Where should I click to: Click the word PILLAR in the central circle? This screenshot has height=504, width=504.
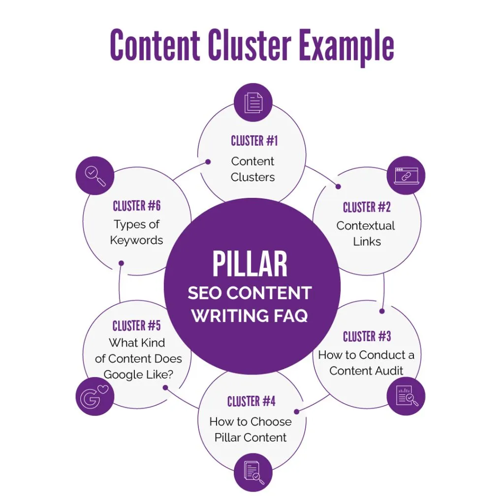coord(250,264)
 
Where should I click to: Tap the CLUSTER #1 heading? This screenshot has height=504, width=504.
coord(254,141)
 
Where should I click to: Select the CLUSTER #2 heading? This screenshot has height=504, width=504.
coord(367,207)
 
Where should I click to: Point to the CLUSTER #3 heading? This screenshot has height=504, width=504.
coord(367,337)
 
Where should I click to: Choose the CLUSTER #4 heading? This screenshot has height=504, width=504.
coord(251,402)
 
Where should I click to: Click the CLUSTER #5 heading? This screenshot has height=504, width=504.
coord(136,326)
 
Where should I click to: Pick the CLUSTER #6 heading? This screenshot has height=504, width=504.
coord(136,206)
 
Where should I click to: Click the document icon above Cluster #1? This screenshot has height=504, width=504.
coord(253,103)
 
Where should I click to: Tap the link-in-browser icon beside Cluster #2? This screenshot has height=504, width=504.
coord(406,176)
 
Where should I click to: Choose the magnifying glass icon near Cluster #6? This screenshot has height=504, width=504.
coord(95,176)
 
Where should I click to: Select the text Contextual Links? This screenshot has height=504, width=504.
coord(366,233)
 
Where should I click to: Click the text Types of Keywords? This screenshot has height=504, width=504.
coord(136,232)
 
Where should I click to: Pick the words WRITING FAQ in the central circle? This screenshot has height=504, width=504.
coord(250,315)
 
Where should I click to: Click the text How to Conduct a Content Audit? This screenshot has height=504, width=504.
coord(366,363)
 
